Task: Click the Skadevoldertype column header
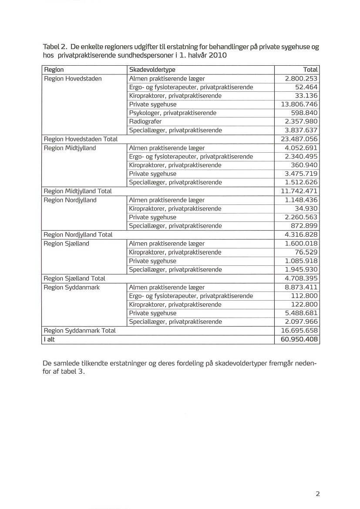tap(152, 70)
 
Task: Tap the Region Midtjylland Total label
tap(77, 191)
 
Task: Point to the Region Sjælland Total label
tap(74, 278)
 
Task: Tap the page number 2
tap(317, 494)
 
